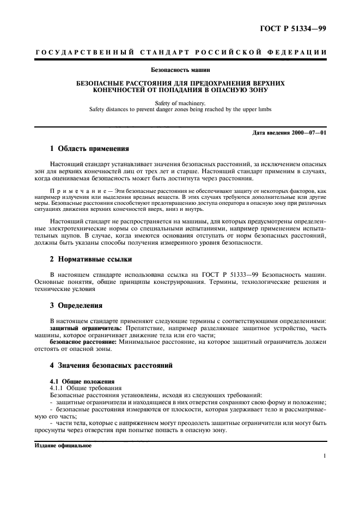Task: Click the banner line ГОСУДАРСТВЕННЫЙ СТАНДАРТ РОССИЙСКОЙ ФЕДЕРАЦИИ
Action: tap(180, 52)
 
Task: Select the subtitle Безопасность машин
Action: tap(180, 70)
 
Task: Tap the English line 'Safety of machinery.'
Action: tap(180, 102)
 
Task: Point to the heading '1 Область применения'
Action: tap(89, 148)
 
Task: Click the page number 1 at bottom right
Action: tap(325, 457)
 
